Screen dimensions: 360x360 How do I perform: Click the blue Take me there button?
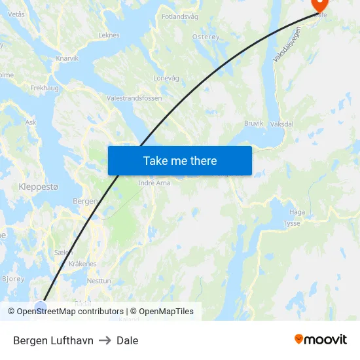pos(179,160)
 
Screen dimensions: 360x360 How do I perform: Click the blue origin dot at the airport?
pos(41,306)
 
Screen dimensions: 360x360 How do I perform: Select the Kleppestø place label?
pos(39,187)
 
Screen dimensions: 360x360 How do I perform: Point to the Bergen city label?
pos(85,201)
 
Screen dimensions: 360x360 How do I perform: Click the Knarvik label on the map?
pos(67,58)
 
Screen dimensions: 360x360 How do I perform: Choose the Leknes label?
pos(109,35)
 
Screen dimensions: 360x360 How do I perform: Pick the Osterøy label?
pos(206,37)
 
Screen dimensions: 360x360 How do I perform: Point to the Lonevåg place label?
pos(166,77)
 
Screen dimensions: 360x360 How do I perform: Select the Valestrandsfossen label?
pos(134,98)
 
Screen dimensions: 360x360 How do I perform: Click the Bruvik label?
pos(253,123)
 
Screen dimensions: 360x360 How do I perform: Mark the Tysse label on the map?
pos(292,223)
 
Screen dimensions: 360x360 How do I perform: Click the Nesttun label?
pos(99,280)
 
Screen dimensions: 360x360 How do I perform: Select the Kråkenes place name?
pos(82,264)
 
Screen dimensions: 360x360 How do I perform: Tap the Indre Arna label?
pos(154,183)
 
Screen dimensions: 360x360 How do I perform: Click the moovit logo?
pos(321,339)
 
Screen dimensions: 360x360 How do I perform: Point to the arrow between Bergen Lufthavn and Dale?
pos(105,340)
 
